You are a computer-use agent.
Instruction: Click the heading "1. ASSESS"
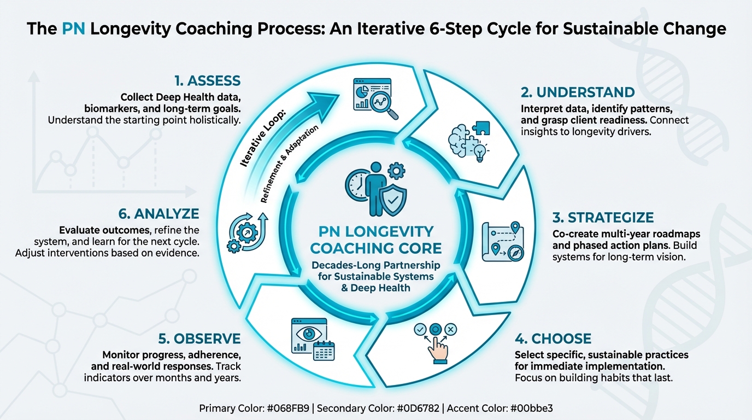[207, 81]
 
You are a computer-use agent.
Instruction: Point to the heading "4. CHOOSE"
[554, 339]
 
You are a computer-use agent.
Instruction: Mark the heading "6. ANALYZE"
[158, 213]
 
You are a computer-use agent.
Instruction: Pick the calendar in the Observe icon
[324, 350]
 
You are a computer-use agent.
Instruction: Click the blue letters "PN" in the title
[74, 28]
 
